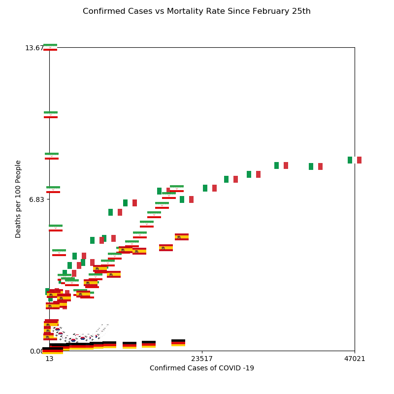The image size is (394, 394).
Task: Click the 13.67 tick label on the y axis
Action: click(x=34, y=48)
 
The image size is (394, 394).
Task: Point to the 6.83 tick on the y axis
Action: click(x=37, y=199)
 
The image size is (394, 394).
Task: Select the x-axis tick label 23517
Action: click(x=202, y=359)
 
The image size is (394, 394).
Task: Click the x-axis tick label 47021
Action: click(x=355, y=359)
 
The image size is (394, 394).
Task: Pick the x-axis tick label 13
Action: click(x=49, y=359)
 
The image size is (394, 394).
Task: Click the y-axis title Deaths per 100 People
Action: click(x=19, y=199)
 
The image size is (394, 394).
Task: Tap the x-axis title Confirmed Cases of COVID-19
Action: click(x=202, y=368)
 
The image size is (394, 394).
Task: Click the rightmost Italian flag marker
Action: click(x=355, y=160)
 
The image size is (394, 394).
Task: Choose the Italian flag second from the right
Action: click(x=316, y=166)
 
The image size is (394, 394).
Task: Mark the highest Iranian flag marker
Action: click(x=50, y=47)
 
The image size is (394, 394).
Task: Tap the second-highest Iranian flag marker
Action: click(x=51, y=115)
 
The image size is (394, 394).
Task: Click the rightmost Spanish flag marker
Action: click(x=182, y=237)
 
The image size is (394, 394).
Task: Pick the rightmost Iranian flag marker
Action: click(x=177, y=189)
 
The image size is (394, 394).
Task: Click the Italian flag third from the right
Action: click(x=281, y=165)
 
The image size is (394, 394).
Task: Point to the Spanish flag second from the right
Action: click(x=166, y=248)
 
